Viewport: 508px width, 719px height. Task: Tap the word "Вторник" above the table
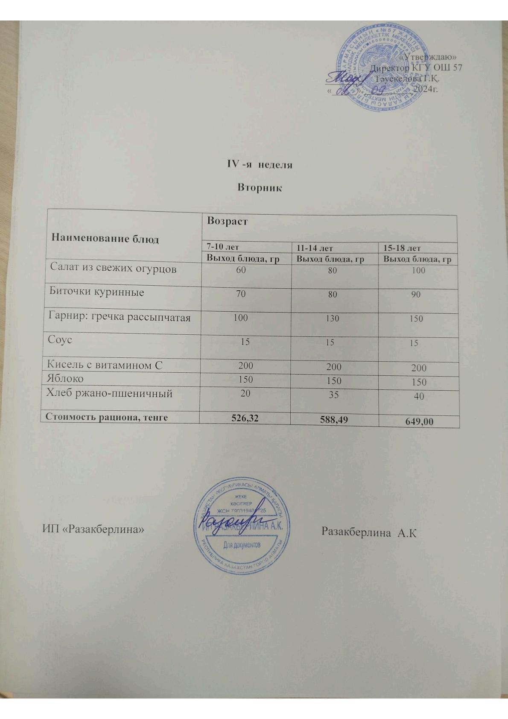[x=260, y=188]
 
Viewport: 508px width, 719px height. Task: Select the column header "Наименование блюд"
[x=105, y=238]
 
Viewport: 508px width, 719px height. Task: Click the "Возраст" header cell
[x=227, y=221]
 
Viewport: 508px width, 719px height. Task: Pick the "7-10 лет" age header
[x=222, y=247]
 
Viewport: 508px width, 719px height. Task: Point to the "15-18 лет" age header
[x=402, y=248]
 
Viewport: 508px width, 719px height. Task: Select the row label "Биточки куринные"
[x=96, y=292]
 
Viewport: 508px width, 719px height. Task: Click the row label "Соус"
[x=60, y=340]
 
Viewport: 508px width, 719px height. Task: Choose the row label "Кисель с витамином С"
[x=105, y=365]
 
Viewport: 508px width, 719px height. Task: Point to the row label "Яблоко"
[x=65, y=379]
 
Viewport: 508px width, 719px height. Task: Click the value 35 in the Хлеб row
[x=333, y=395]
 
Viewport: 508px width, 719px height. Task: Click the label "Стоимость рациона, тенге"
[x=106, y=417]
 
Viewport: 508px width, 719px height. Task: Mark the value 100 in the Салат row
[x=418, y=270]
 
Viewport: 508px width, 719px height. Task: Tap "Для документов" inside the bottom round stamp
[x=242, y=546]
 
